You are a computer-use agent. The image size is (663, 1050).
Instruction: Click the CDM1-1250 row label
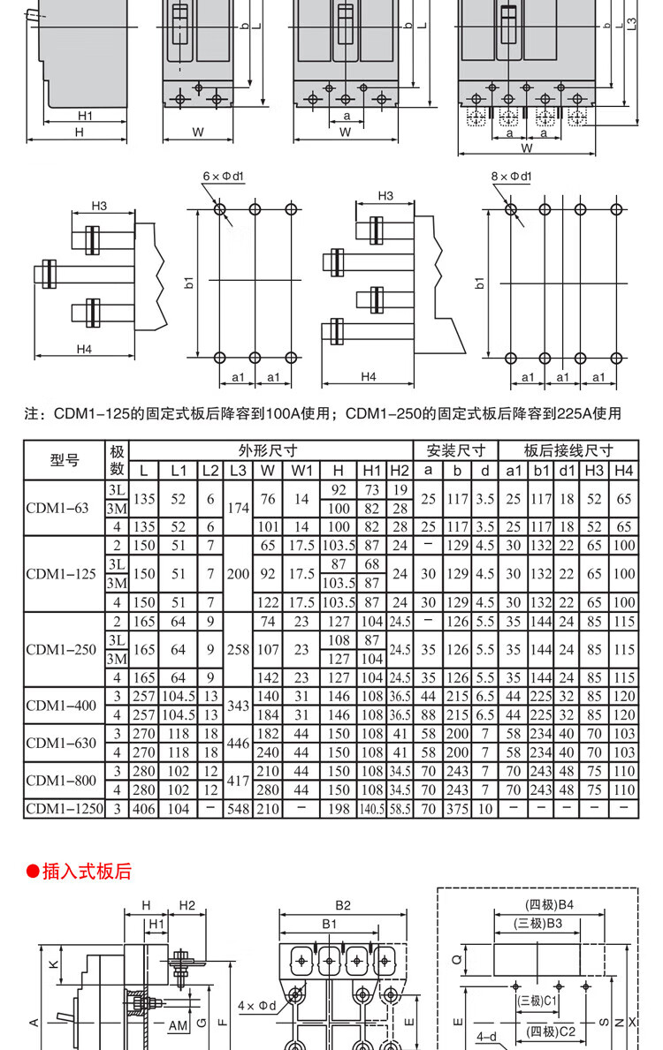click(65, 808)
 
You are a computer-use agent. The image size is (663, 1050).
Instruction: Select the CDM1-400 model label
click(61, 705)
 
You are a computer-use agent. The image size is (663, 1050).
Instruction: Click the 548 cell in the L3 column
click(238, 808)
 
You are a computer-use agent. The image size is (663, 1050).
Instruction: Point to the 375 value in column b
click(457, 808)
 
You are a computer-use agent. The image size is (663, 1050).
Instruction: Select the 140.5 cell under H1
click(372, 808)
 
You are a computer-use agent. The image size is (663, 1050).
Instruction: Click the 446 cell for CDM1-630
click(238, 744)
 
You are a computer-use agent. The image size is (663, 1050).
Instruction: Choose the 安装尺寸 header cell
click(456, 450)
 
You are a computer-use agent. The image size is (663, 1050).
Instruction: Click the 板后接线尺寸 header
click(568, 450)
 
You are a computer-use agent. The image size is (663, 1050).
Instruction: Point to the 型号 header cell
click(65, 459)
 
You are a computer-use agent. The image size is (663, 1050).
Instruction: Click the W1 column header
click(302, 470)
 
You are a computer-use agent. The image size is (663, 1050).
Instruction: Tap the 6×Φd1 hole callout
click(223, 177)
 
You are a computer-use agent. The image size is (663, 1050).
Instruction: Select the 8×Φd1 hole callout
click(512, 177)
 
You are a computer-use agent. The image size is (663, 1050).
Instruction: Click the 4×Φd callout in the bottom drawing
click(257, 1005)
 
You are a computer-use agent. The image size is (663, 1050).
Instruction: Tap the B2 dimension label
click(343, 905)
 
